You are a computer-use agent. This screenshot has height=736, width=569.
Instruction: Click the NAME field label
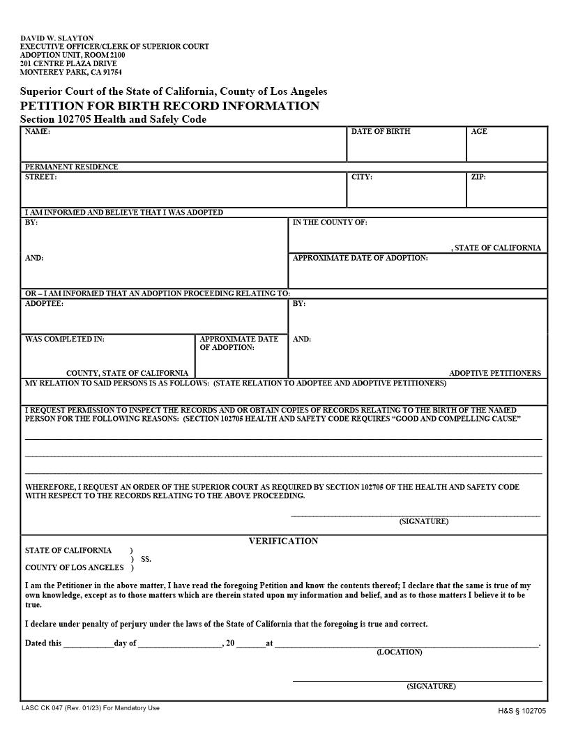click(x=38, y=132)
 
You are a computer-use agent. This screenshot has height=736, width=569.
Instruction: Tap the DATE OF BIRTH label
click(x=381, y=132)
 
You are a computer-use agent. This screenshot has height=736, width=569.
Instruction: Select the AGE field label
click(x=479, y=132)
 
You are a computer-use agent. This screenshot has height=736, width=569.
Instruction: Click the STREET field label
click(x=41, y=177)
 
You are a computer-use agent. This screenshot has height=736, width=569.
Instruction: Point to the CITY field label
click(x=362, y=177)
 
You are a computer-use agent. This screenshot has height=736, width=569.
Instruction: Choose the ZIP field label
click(x=478, y=177)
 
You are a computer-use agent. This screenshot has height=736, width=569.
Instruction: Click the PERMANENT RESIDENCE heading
click(x=72, y=167)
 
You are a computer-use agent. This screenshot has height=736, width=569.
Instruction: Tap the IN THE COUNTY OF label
click(x=330, y=222)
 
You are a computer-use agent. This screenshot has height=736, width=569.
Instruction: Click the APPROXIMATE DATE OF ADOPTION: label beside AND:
click(x=361, y=258)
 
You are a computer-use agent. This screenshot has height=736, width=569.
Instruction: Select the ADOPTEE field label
click(x=44, y=304)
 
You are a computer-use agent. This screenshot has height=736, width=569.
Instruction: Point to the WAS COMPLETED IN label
click(x=65, y=339)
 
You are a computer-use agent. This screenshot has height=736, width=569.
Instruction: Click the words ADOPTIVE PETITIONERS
click(x=494, y=373)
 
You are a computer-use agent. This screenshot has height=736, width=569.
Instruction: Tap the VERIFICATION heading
click(x=283, y=541)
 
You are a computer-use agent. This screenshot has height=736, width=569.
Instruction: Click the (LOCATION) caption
click(x=400, y=652)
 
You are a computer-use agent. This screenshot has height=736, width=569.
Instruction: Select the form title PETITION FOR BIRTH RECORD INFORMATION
click(x=169, y=106)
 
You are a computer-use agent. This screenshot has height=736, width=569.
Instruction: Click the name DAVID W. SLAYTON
click(x=56, y=38)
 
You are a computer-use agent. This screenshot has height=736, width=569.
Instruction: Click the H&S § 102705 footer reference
click(x=522, y=711)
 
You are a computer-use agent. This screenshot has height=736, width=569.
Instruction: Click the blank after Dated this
click(x=89, y=644)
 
